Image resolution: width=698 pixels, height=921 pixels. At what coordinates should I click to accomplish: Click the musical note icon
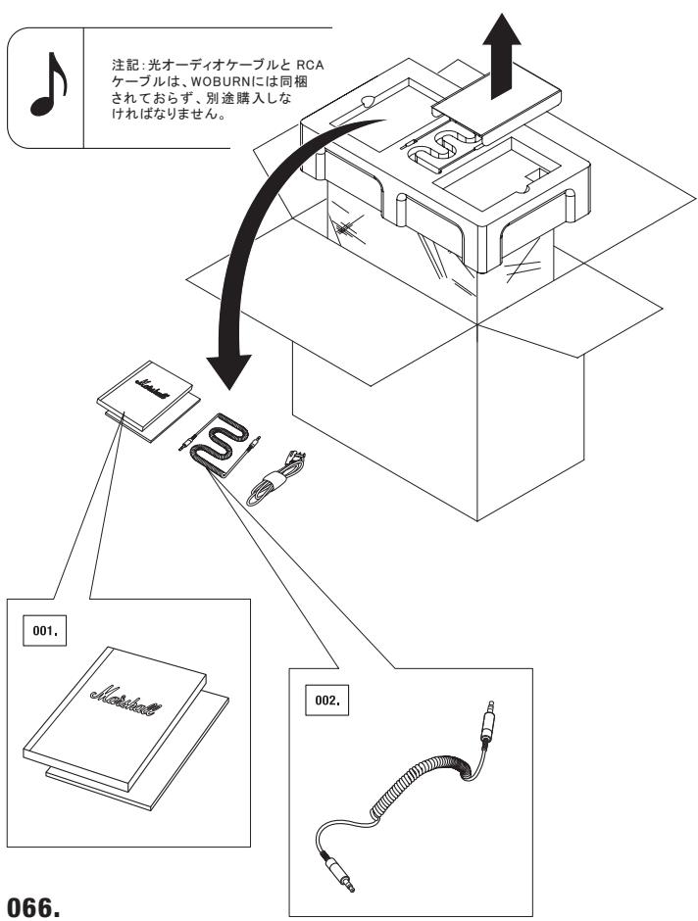(49, 85)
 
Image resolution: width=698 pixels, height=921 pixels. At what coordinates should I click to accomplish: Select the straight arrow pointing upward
(501, 56)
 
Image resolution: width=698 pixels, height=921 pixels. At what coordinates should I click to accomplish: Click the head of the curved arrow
(228, 371)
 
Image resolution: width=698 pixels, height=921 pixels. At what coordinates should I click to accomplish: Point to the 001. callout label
(45, 631)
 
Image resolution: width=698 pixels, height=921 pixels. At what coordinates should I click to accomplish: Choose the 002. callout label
(326, 700)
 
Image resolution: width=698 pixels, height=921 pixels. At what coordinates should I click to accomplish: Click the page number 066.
(33, 906)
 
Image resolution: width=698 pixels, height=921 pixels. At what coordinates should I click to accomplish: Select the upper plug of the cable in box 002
(488, 720)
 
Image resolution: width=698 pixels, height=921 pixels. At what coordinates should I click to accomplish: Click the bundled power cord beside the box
(276, 479)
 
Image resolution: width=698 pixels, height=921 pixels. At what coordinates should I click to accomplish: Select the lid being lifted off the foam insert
(496, 106)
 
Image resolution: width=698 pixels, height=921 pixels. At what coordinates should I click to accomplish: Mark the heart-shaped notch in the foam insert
(368, 101)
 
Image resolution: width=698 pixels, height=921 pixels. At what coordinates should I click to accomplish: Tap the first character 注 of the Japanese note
(118, 65)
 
